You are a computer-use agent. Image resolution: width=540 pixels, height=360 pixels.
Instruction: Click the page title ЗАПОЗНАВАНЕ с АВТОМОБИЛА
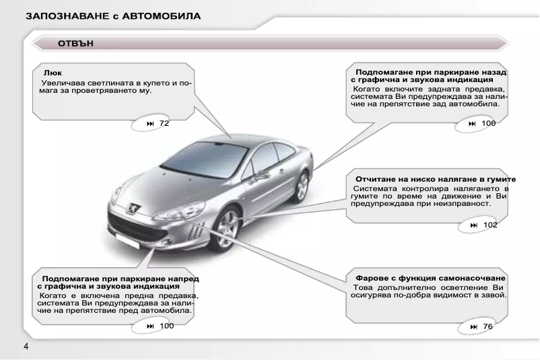(x=112, y=15)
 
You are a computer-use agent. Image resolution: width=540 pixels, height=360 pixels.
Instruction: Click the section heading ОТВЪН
(x=75, y=44)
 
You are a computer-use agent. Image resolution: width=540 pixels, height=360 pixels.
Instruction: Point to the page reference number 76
(x=487, y=326)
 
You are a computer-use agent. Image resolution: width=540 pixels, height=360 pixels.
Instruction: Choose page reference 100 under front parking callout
(x=166, y=326)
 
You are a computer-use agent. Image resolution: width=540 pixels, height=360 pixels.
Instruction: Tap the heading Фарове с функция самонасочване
(x=431, y=278)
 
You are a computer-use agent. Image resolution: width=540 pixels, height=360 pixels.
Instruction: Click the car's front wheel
(x=228, y=225)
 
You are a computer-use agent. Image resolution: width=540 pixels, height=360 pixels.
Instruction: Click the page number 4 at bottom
(x=26, y=347)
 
